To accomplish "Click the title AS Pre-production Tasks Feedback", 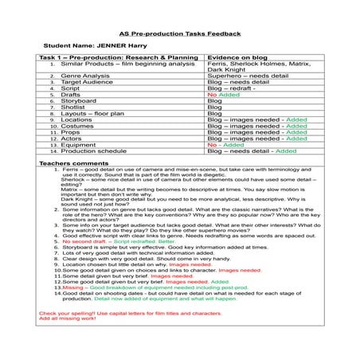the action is [179, 34].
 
